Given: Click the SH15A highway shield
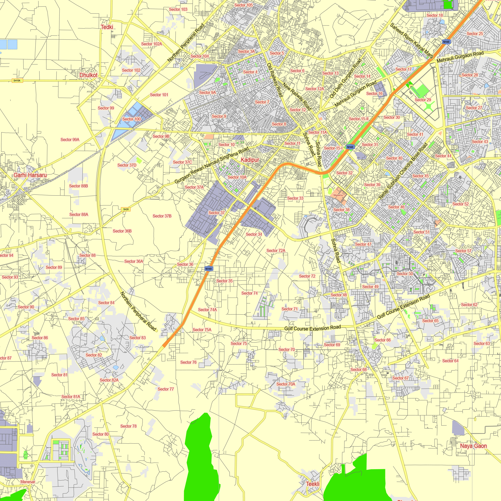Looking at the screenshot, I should [17, 81].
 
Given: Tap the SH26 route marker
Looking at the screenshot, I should [126, 209].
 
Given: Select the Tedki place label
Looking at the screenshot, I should [107, 27].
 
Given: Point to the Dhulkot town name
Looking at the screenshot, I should [88, 75].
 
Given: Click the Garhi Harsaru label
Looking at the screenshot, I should [30, 175].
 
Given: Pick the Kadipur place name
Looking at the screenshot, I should [250, 160].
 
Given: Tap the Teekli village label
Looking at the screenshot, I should [313, 484].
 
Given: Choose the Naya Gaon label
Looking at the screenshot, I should [473, 446].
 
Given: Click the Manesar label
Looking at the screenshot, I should [28, 482].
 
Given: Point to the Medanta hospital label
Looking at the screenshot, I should [338, 195].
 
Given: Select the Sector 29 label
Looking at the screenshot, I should [423, 100].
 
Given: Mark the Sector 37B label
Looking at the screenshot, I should [162, 216].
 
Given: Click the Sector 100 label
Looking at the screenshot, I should [132, 119].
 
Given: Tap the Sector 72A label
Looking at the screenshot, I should [276, 250].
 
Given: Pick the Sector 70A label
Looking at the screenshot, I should [286, 384].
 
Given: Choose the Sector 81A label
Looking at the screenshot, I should [71, 397].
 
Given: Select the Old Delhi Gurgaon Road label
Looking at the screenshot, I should [345, 78].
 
